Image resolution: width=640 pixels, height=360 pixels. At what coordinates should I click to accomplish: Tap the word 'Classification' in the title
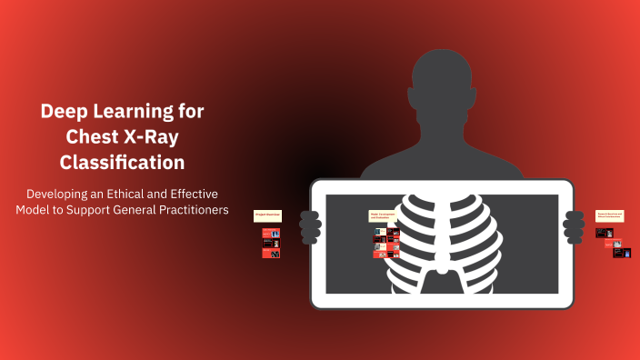122,163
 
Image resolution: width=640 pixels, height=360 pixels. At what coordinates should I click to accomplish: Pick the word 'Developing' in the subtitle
57,195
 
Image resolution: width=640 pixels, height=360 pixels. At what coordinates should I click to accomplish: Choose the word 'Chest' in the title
93,137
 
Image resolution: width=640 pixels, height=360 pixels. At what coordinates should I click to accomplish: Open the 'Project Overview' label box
267,215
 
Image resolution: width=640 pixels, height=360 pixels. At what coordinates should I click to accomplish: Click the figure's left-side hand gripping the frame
310,225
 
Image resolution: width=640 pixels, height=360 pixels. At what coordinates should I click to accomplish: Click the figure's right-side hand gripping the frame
574,225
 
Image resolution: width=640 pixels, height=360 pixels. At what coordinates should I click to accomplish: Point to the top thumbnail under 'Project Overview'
271,233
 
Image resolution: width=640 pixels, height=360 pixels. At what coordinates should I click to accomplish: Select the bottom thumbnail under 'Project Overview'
271,254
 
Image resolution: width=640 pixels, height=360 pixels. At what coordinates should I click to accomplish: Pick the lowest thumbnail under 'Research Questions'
622,253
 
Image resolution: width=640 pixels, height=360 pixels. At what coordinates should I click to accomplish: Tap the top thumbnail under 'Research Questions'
604,233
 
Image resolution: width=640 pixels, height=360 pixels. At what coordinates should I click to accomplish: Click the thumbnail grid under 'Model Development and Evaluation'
385,243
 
